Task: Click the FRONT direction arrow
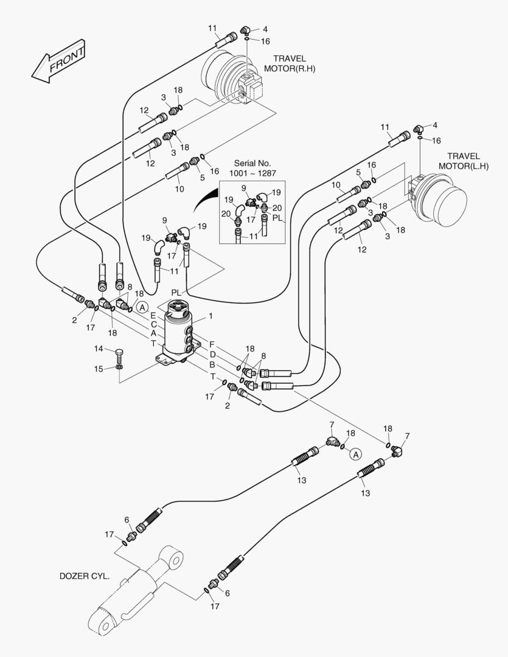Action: pos(58,61)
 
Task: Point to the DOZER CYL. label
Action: pos(85,575)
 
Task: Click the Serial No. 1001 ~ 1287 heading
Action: pos(252,169)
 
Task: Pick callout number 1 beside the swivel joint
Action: pos(211,316)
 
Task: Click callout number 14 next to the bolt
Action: pos(99,349)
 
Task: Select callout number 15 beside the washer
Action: pos(99,369)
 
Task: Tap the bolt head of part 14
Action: pos(120,351)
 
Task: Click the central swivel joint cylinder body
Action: pos(179,332)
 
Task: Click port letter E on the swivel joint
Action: pos(153,316)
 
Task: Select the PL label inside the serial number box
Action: pos(277,218)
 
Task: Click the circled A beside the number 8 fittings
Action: pos(142,307)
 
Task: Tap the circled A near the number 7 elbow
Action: pos(357,454)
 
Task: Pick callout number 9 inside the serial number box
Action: pos(244,189)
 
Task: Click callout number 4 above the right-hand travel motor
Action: pos(265,29)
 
